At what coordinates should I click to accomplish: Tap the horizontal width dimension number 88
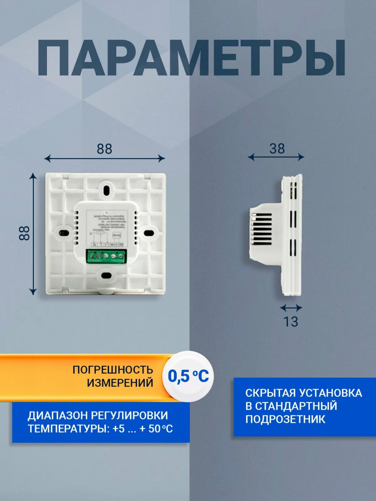105,149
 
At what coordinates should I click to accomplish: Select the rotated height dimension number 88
24,233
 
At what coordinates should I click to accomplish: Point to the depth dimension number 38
277,149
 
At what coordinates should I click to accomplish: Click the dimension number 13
291,322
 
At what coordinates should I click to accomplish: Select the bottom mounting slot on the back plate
106,275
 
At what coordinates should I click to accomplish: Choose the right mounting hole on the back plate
149,233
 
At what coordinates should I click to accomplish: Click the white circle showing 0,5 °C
188,376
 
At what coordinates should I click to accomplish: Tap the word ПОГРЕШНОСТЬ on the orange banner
113,370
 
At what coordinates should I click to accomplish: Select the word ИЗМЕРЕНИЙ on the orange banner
120,383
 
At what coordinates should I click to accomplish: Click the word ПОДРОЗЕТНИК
285,419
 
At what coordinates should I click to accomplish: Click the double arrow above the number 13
291,308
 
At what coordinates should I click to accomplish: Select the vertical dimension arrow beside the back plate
33,234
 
